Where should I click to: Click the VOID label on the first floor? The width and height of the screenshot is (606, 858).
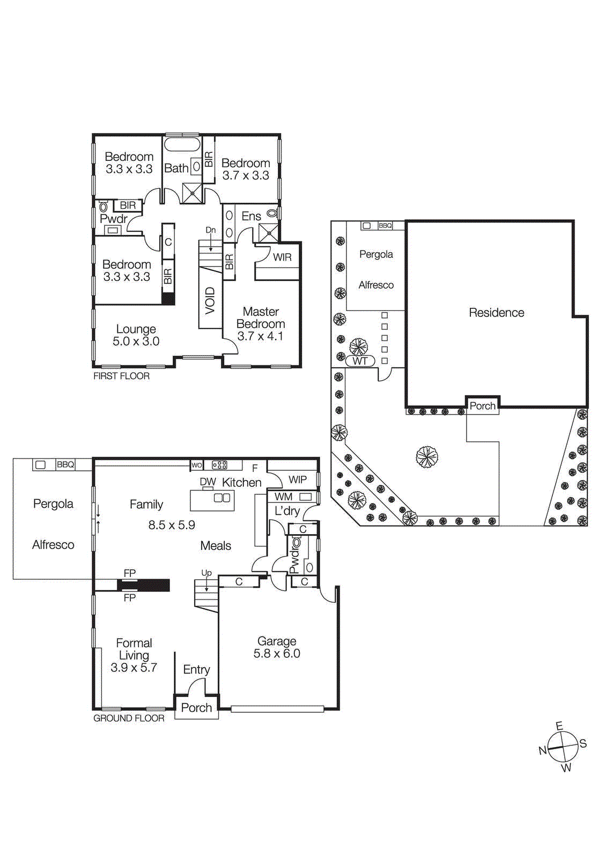(x=210, y=300)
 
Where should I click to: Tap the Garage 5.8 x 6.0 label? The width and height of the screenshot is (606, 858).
(x=277, y=647)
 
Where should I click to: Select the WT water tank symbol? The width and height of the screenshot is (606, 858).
(x=360, y=361)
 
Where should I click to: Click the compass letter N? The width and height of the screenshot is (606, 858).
(x=543, y=750)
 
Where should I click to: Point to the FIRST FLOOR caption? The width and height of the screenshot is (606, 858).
(x=121, y=376)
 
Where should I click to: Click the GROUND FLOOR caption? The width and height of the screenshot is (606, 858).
(x=129, y=718)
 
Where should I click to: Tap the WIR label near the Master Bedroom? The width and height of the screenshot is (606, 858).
(x=282, y=257)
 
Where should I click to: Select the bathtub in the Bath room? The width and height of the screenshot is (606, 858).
(x=182, y=144)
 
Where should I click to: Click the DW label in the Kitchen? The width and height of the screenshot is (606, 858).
(x=208, y=482)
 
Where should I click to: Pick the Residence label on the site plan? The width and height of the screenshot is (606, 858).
(x=497, y=313)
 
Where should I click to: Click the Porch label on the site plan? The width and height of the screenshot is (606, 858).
(x=483, y=406)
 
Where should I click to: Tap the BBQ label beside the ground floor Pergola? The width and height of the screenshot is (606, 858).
(x=65, y=464)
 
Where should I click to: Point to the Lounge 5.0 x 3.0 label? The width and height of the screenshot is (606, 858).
(x=136, y=335)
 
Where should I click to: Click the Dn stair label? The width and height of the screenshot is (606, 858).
(x=211, y=230)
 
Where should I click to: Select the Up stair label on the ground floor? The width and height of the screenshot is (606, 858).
(x=206, y=573)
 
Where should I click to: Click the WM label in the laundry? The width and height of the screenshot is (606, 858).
(x=284, y=497)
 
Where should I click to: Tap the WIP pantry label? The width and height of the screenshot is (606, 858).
(x=298, y=479)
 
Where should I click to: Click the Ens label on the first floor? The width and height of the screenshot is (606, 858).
(x=251, y=216)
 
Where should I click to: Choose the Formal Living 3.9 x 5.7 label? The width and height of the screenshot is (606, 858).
(x=134, y=655)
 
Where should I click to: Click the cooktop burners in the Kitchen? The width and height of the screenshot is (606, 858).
(x=219, y=465)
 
